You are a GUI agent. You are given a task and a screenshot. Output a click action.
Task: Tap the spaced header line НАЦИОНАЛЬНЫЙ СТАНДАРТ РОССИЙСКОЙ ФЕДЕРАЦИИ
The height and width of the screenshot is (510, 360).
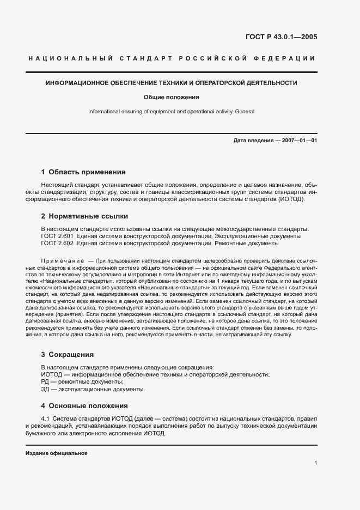pos(171,58)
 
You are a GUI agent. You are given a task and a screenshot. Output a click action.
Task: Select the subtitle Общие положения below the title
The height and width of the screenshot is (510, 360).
pos(171,98)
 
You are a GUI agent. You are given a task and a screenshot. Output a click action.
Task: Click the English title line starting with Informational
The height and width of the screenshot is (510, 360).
pos(171,112)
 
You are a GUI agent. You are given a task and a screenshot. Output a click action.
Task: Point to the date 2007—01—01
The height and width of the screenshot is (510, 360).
pos(300,141)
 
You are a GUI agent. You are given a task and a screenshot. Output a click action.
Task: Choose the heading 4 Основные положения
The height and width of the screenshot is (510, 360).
pos(84,406)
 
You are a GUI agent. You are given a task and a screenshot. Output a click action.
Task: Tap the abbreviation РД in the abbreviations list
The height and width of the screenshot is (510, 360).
pos(46,382)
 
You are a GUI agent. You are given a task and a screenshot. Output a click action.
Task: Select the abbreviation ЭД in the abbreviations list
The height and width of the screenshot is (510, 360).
pos(46,390)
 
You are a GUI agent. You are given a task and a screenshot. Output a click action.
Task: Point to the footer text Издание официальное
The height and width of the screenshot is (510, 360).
pos(56,453)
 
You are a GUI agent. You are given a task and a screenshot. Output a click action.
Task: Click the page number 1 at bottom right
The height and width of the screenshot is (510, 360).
pos(316,463)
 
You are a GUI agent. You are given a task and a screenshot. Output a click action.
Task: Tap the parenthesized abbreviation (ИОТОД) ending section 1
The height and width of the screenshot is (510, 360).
pos(290,199)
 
